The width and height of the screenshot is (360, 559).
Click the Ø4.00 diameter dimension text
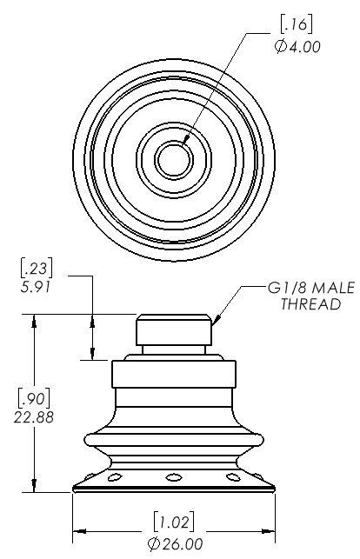[x=297, y=47]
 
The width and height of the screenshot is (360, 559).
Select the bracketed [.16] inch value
[x=297, y=24]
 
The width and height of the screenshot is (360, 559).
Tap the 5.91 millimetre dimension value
[x=36, y=287]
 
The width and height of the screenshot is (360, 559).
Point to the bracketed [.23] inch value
[x=37, y=269]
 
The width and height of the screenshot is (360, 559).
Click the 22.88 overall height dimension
[x=34, y=416]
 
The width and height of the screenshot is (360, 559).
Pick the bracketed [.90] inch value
[x=34, y=398]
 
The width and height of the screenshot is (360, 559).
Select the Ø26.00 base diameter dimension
[x=175, y=543]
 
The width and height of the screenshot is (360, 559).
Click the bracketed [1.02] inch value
[x=174, y=522]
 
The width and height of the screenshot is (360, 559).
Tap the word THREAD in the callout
[x=310, y=304]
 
